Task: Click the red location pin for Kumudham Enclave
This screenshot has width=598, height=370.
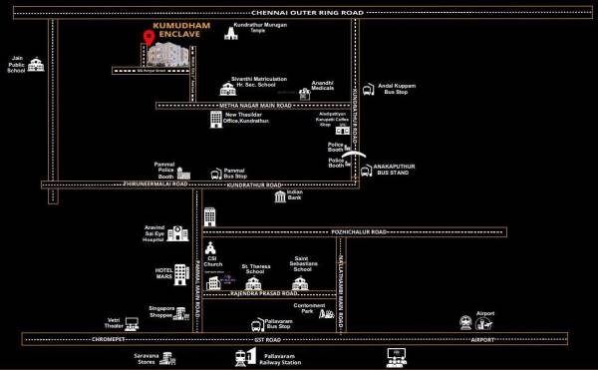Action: (149, 38)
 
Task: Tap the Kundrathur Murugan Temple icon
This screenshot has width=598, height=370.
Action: (232, 34)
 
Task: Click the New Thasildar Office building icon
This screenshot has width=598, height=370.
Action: (216, 120)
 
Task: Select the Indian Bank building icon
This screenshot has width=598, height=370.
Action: (282, 197)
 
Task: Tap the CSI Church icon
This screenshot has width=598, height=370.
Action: (211, 248)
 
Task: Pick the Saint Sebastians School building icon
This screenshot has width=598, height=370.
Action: (300, 284)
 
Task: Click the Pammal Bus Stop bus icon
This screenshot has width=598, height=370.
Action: (216, 174)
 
